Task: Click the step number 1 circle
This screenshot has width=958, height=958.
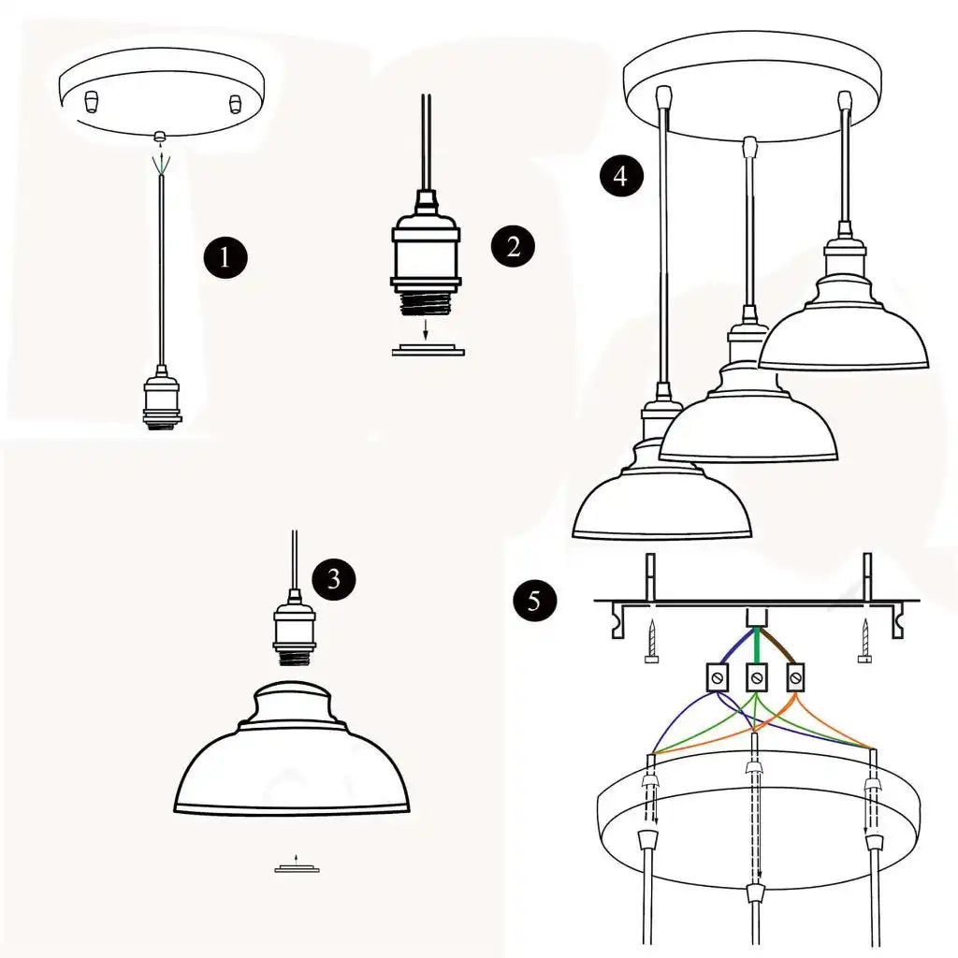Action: click(x=225, y=256)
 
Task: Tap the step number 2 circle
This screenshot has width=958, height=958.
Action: click(x=513, y=246)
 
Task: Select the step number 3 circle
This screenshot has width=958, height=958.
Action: click(x=334, y=579)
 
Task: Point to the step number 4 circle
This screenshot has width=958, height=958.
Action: click(x=621, y=175)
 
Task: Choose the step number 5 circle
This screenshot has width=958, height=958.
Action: click(x=534, y=600)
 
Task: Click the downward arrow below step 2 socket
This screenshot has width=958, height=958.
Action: click(x=426, y=329)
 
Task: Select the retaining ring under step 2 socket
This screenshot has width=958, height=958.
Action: click(x=426, y=350)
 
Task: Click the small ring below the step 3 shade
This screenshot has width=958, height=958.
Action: click(x=297, y=869)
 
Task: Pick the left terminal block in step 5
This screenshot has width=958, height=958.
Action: click(x=718, y=676)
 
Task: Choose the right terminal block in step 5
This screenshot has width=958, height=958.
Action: click(x=795, y=676)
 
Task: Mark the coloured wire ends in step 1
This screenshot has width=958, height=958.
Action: click(x=163, y=163)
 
